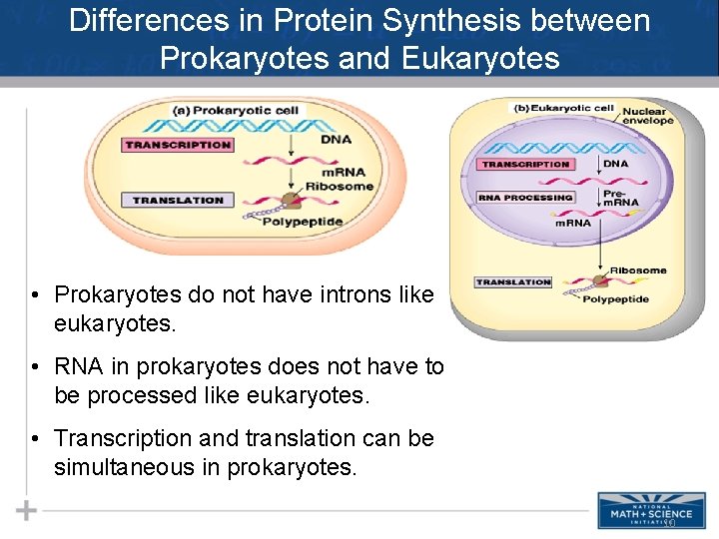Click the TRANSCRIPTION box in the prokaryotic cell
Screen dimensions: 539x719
pos(178,145)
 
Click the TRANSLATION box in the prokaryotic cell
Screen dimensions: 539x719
pos(178,201)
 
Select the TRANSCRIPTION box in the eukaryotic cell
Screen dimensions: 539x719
pos(525,164)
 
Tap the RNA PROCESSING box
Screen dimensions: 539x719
pos(525,198)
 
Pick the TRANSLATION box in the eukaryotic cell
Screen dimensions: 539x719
pos(513,282)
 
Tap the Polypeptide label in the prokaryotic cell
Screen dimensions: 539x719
pos(303,222)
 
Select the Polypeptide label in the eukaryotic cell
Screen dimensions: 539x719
pos(615,298)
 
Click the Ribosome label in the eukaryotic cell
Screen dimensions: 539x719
pos(638,270)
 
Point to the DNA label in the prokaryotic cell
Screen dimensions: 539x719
pos(336,140)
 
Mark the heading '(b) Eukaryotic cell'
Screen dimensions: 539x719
pos(564,108)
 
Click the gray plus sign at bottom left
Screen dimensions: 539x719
pos(26,511)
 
